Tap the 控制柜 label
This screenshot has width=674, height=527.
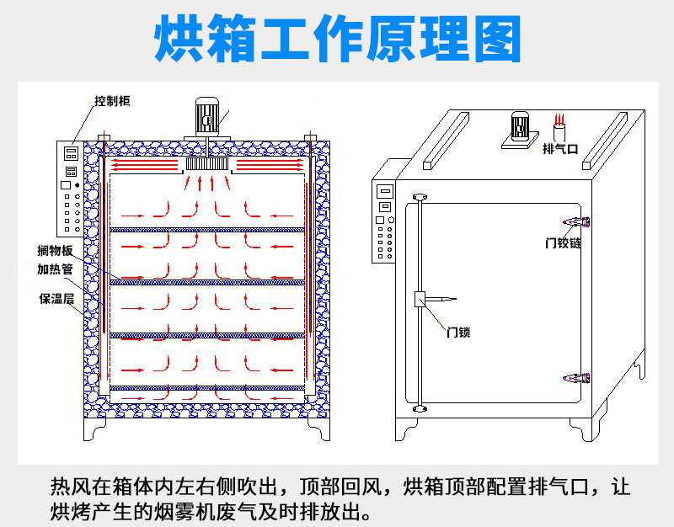click(x=112, y=100)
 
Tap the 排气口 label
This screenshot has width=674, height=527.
click(x=559, y=149)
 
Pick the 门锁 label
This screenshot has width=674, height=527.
click(x=457, y=332)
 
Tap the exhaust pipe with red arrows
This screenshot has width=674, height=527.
click(x=559, y=129)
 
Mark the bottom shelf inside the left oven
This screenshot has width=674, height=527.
click(x=207, y=388)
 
